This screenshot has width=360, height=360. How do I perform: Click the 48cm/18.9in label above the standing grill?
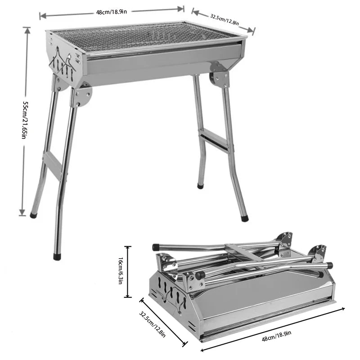[111, 12]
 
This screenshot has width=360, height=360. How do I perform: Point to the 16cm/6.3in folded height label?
[120, 272]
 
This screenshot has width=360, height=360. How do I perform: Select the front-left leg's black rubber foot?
[57, 257]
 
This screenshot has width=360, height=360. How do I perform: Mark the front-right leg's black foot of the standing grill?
[244, 218]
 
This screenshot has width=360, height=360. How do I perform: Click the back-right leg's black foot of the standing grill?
[201, 185]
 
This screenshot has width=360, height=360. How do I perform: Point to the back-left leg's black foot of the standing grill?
[33, 215]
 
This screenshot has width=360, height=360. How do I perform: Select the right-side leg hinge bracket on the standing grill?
[220, 75]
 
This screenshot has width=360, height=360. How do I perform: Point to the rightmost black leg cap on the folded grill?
[329, 265]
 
